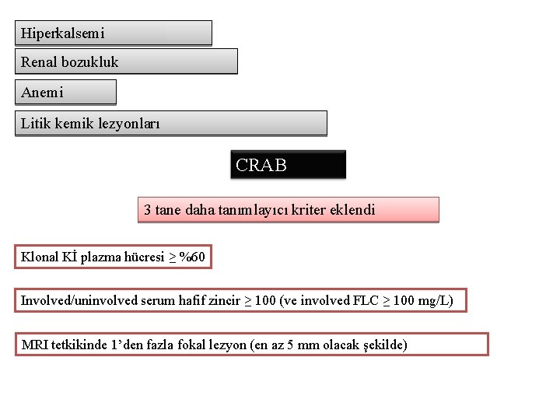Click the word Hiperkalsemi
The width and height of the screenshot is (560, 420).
pyautogui.click(x=62, y=33)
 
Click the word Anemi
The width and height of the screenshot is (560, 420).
pyautogui.click(x=42, y=93)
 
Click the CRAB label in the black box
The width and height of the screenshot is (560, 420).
pyautogui.click(x=261, y=165)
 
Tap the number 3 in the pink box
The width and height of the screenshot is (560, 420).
pyautogui.click(x=148, y=210)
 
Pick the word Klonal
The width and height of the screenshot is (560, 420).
pyautogui.click(x=39, y=257)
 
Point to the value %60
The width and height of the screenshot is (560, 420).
pyautogui.click(x=192, y=257)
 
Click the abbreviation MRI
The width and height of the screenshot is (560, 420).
pyautogui.click(x=35, y=345)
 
